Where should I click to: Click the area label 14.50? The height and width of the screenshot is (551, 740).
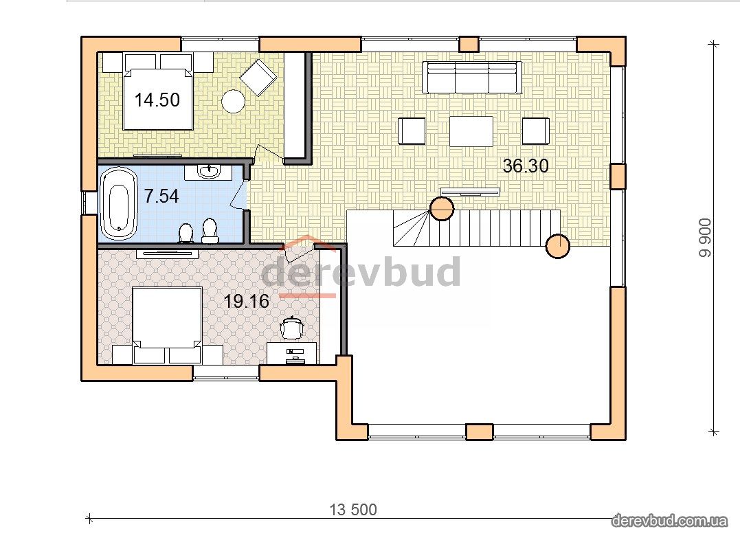[157, 100]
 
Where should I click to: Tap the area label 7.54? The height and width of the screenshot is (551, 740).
[161, 196]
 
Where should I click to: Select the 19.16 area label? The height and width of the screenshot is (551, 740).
[246, 301]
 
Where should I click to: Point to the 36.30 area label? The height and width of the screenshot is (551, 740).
[525, 166]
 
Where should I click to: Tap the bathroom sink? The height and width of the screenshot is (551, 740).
[208, 172]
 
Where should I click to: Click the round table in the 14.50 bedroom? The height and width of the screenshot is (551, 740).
[233, 102]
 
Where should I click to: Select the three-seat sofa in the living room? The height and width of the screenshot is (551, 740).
[472, 78]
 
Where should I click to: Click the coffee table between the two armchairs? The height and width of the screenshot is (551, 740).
[471, 131]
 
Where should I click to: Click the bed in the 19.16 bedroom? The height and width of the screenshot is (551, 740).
[167, 326]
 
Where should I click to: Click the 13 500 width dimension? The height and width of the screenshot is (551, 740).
[353, 510]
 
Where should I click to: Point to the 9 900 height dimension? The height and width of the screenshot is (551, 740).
[705, 238]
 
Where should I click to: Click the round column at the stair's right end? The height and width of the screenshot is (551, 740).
[558, 246]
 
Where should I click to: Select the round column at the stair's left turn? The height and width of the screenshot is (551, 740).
[442, 208]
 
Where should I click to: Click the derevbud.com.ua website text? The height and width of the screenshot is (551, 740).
[669, 521]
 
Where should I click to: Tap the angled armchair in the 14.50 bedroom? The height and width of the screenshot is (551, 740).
[258, 78]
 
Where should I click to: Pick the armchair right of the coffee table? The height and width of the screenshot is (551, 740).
[536, 131]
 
